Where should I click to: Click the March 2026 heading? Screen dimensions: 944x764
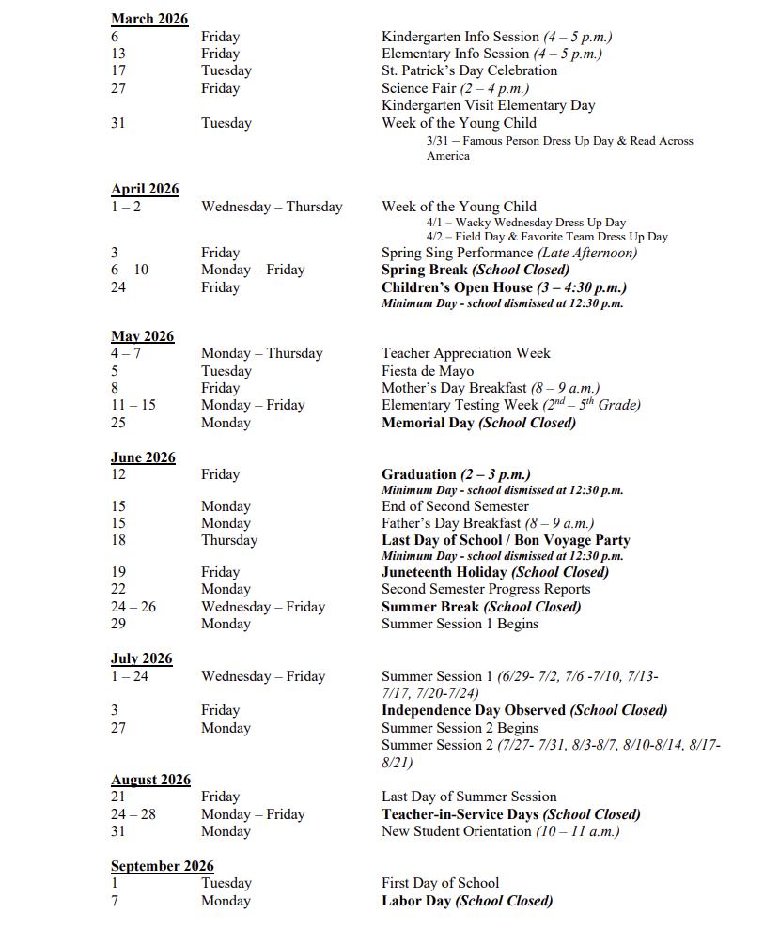click(148, 19)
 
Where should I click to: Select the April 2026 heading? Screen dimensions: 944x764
click(145, 189)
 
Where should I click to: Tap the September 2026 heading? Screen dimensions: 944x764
click(162, 866)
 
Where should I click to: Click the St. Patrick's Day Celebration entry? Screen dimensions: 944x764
click(469, 70)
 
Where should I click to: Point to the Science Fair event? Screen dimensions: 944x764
click(455, 88)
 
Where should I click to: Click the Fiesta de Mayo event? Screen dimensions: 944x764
click(428, 371)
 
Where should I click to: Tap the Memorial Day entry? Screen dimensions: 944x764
click(478, 423)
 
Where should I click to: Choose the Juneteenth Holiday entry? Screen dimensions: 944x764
click(494, 572)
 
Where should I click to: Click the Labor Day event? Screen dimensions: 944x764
click(466, 901)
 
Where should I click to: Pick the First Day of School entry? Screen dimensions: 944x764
click(440, 883)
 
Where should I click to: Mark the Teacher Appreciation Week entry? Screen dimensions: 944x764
click(465, 353)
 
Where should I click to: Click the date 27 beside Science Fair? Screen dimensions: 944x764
click(118, 88)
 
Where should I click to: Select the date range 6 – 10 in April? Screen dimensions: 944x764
click(130, 270)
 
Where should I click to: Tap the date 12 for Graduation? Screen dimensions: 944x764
click(118, 474)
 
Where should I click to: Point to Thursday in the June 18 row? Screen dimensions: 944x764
click(228, 540)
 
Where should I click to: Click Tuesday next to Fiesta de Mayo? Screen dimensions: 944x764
click(226, 371)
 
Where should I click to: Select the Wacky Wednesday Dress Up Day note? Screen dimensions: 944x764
click(525, 223)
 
